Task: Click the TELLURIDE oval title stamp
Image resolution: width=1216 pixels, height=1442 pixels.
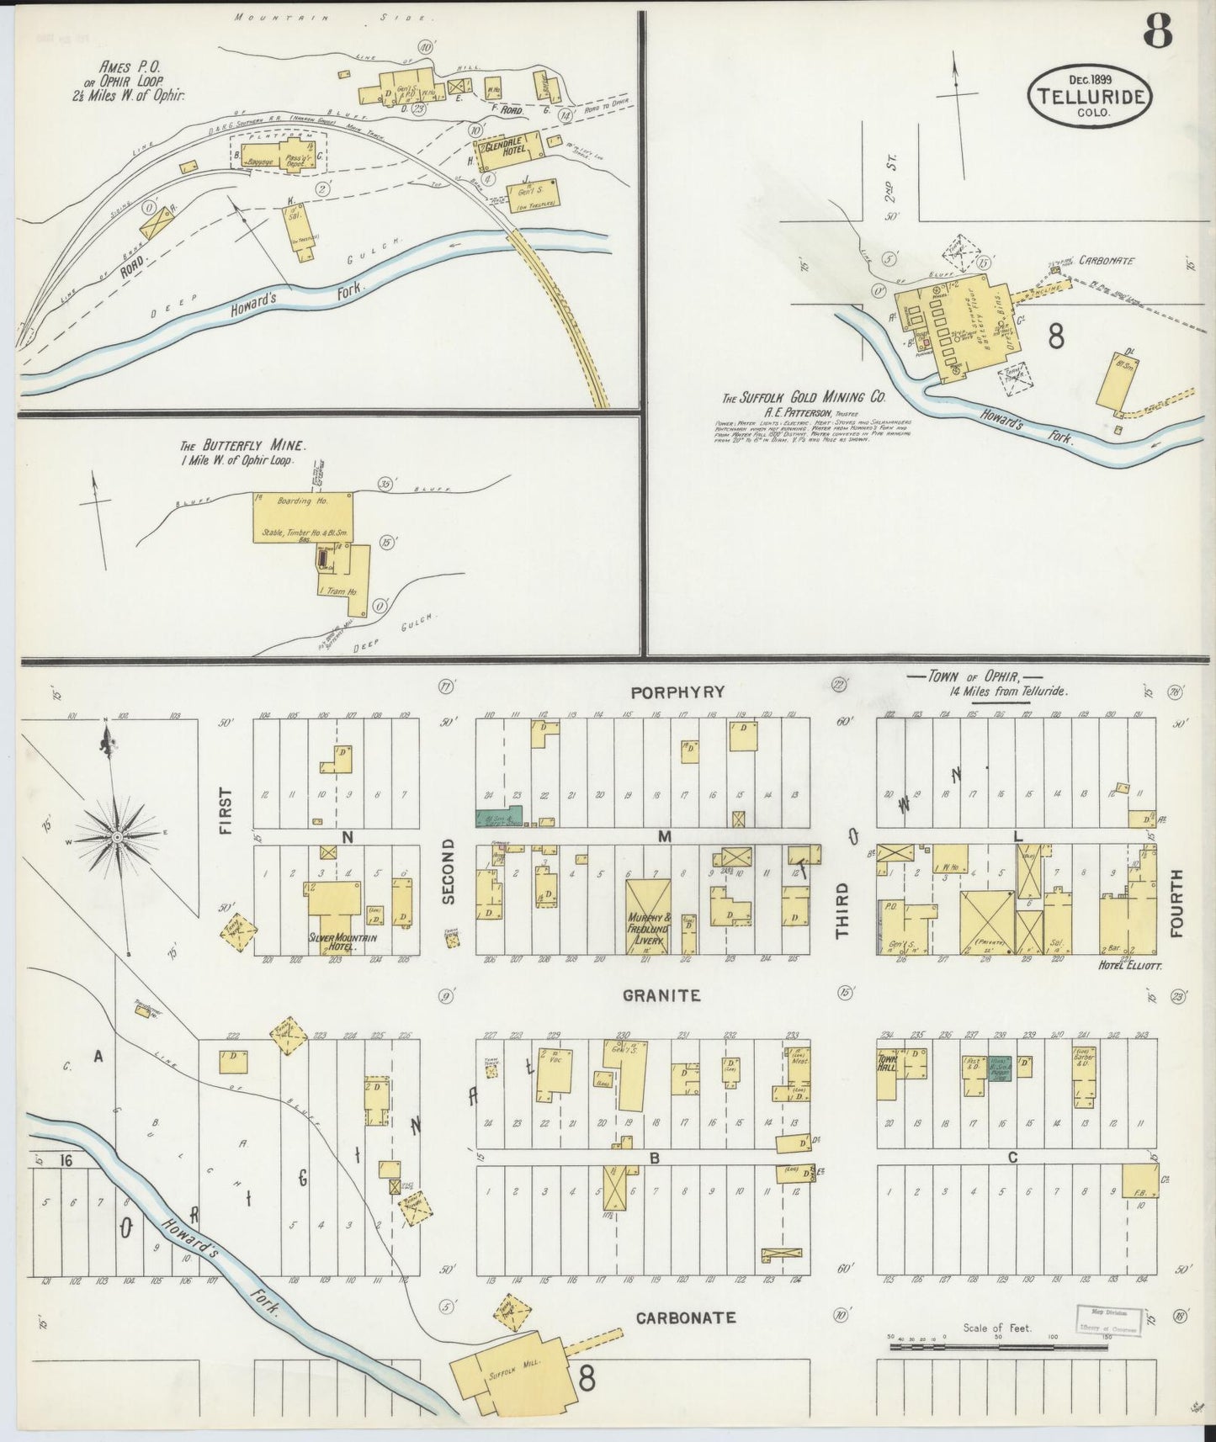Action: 1089,97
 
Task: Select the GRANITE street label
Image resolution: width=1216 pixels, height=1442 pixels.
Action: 661,996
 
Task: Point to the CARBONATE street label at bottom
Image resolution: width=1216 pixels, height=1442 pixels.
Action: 686,1317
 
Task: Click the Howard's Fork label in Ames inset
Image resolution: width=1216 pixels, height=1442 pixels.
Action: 299,300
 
